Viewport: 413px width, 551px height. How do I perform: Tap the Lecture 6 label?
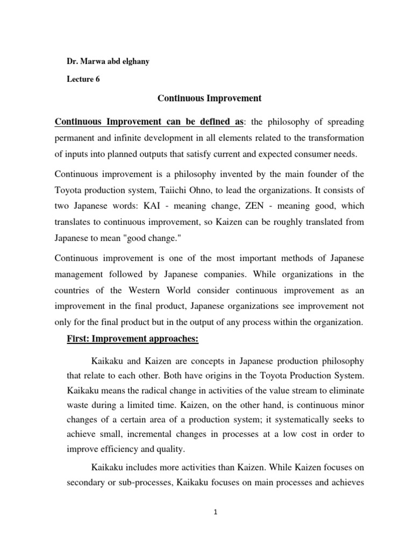(83, 79)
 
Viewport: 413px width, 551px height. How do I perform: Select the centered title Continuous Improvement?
(209, 98)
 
